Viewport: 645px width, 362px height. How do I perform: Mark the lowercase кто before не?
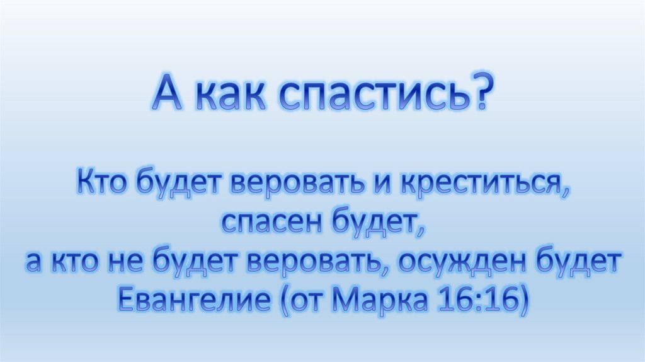click(74, 262)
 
